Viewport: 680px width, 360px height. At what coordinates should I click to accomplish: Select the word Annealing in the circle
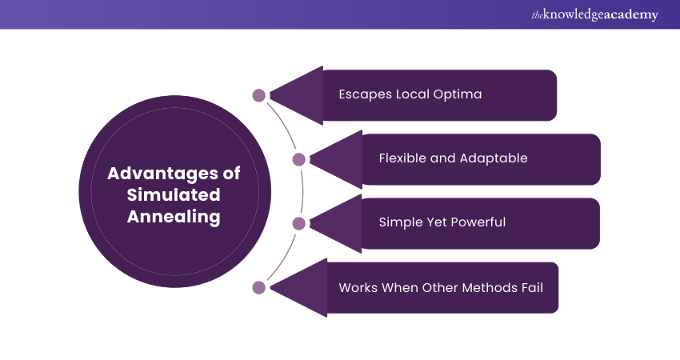(x=174, y=217)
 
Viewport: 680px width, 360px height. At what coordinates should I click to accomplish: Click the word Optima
(x=457, y=94)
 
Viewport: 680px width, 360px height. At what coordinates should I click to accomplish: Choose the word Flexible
(x=402, y=158)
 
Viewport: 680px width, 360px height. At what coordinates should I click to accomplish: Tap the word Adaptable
(x=494, y=158)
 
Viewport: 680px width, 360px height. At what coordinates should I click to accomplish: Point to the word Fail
(x=530, y=286)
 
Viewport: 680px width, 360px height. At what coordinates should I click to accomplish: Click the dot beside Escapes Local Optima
(x=259, y=95)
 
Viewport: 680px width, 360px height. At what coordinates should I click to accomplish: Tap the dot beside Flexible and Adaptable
(x=299, y=159)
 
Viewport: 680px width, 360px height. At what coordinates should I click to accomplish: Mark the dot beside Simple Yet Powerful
(x=299, y=223)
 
